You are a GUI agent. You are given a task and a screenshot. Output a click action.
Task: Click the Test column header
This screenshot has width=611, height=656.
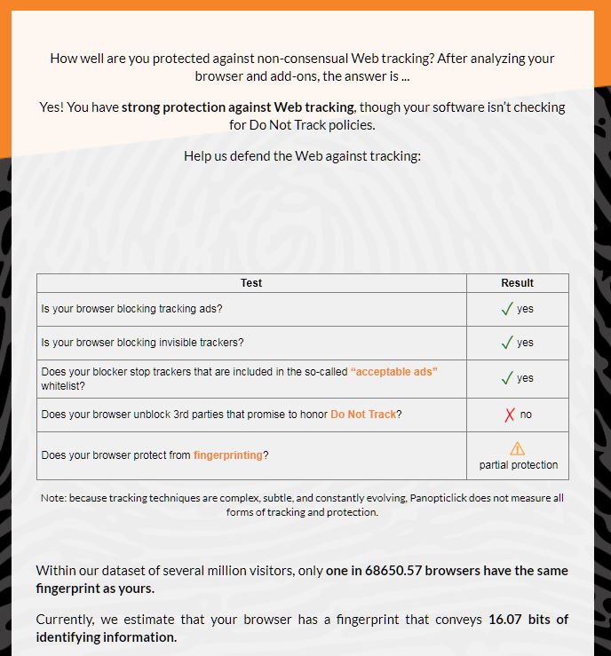(x=251, y=283)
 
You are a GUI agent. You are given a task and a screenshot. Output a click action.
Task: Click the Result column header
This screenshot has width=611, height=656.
(x=517, y=283)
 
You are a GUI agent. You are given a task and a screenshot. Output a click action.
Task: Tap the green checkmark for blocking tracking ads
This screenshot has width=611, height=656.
(x=507, y=309)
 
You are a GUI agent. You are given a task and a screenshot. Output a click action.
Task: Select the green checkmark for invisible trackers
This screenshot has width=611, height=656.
(x=507, y=343)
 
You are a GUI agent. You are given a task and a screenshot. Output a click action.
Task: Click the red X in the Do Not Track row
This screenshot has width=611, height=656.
(x=510, y=415)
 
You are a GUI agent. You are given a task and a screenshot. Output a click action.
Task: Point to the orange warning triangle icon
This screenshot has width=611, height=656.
(x=518, y=449)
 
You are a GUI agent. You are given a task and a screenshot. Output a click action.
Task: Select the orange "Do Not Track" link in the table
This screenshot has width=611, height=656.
(x=363, y=415)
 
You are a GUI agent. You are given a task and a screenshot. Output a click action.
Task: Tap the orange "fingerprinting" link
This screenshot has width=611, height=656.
(x=228, y=455)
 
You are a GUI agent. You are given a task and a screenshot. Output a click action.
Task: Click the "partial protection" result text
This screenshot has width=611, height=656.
(x=519, y=465)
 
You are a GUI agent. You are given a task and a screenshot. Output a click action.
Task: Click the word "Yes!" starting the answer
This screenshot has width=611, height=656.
(x=52, y=107)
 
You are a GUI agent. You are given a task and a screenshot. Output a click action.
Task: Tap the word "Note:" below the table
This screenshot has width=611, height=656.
(x=54, y=498)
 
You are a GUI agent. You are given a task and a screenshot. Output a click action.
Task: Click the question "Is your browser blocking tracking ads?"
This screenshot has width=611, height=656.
(x=131, y=309)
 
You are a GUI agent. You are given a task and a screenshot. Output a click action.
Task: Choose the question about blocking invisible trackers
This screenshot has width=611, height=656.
(x=142, y=343)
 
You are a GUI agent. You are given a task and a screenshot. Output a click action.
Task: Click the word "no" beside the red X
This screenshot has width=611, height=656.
(x=526, y=415)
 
